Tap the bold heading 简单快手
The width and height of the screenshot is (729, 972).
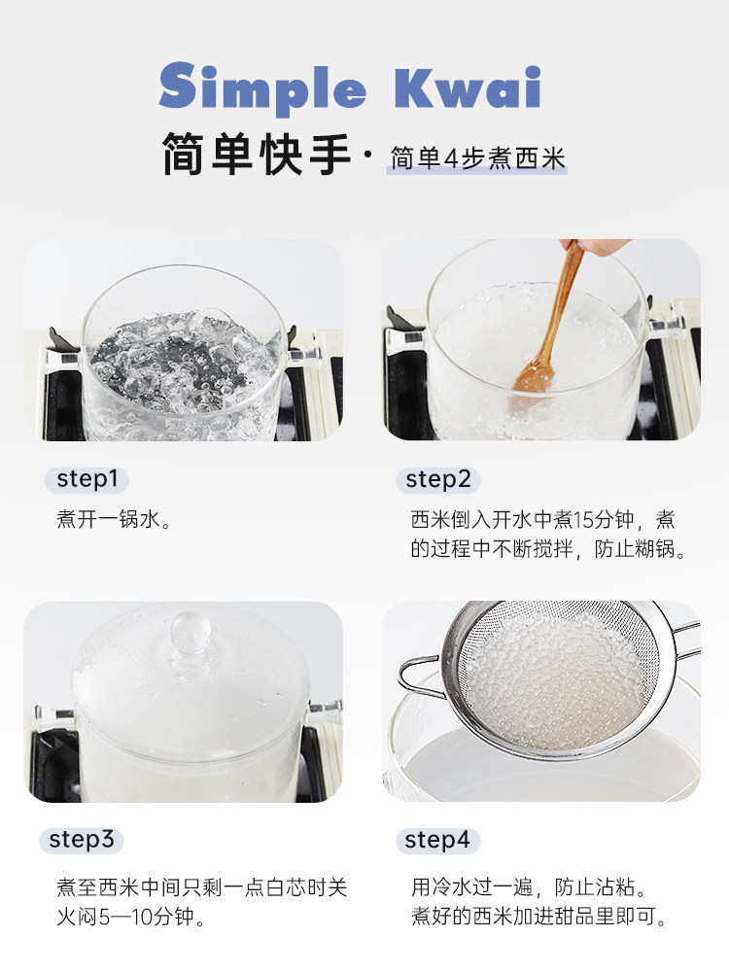click(257, 154)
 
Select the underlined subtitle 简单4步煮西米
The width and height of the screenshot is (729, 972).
click(477, 158)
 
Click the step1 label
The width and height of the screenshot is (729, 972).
click(87, 479)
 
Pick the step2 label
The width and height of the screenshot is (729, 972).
click(438, 480)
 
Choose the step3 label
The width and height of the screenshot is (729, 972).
click(82, 840)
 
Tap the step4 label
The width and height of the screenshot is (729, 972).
click(437, 841)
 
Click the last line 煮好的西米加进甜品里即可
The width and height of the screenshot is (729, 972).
click(538, 917)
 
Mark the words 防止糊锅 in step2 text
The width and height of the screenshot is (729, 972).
click(634, 548)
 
